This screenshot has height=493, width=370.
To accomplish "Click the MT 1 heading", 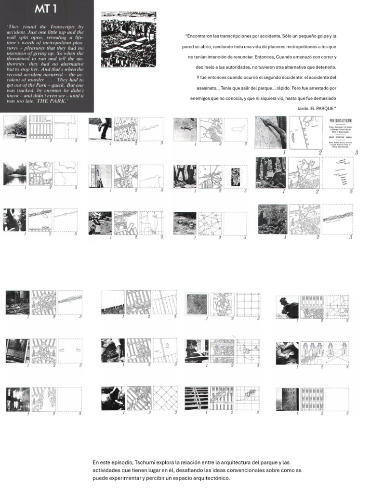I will click(46, 9).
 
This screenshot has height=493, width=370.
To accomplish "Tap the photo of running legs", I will click(100, 129).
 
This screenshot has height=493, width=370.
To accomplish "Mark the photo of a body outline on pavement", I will click(185, 129).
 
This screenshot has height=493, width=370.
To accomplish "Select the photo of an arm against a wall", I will click(270, 131).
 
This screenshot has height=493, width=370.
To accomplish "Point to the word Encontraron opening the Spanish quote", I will click(202, 36).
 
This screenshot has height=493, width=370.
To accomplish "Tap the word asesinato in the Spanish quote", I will click(210, 88).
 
